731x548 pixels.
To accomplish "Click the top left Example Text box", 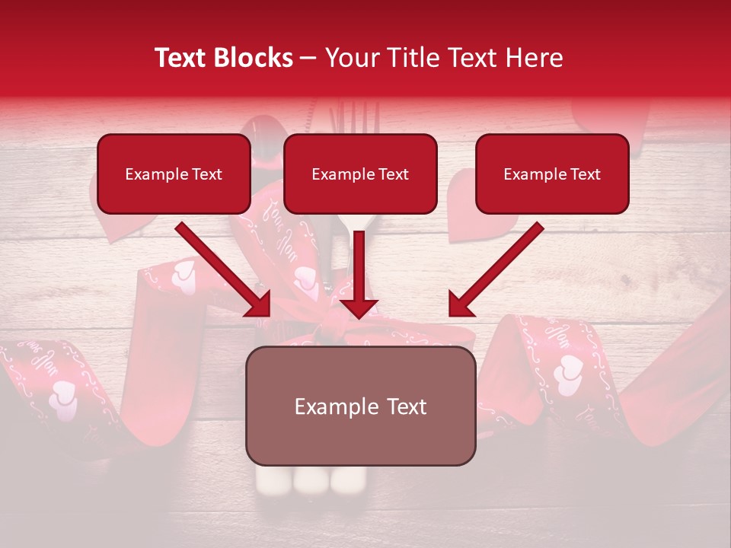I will tap(174, 174).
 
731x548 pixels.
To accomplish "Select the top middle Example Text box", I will tap(360, 174).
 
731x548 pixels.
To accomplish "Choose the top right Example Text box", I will tap(552, 174).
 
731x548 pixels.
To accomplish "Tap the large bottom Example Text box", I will tap(360, 406).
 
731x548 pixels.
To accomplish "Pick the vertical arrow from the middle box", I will tap(359, 274).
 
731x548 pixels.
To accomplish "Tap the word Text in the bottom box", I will tap(406, 406).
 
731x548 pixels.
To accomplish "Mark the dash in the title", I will tap(309, 59).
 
